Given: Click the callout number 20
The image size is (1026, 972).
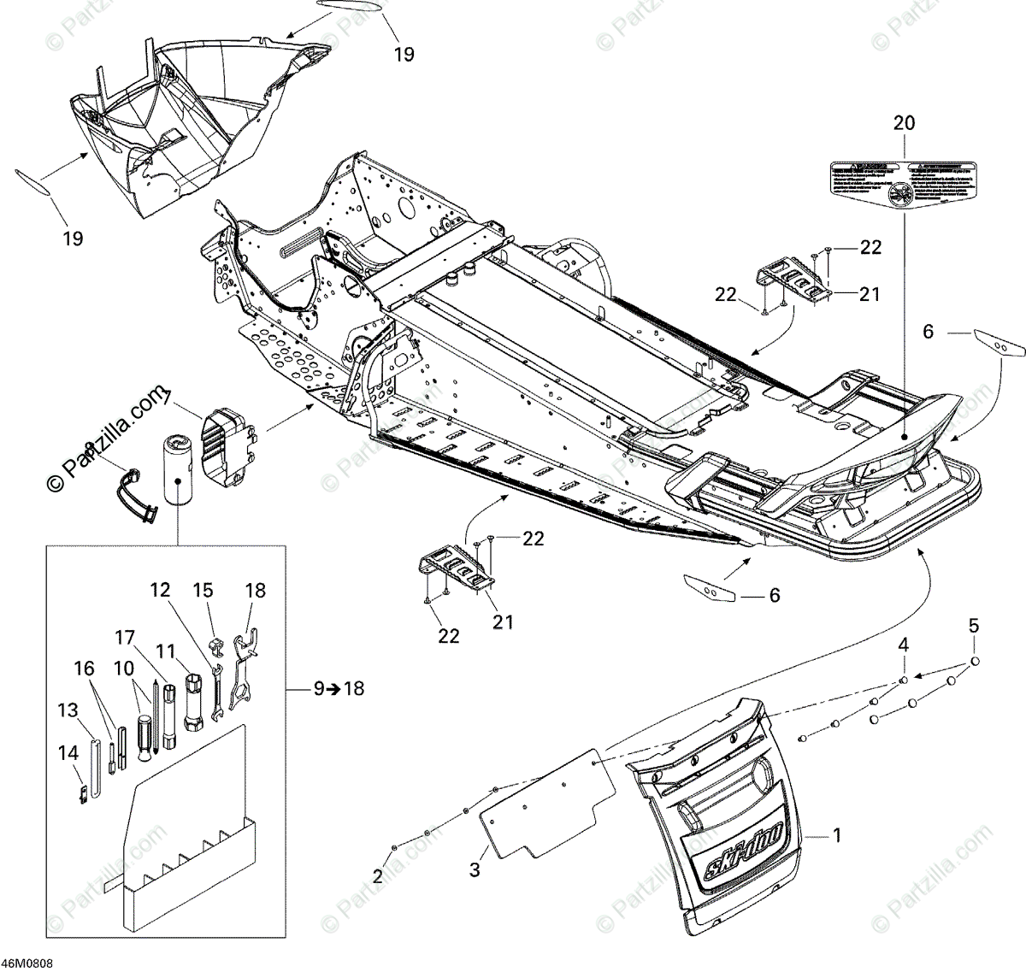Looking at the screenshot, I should coord(903,123).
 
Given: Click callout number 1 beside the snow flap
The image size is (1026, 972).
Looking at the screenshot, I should coord(837,834).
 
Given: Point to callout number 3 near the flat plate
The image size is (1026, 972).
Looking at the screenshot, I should coord(475,869).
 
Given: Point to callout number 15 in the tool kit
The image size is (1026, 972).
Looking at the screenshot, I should coord(203,590).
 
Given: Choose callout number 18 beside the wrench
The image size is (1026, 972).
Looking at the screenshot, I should coord(255,591).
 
